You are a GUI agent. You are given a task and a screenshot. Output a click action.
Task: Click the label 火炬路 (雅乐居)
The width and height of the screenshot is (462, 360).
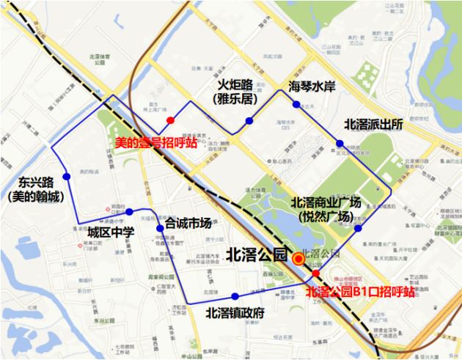tap(235, 90)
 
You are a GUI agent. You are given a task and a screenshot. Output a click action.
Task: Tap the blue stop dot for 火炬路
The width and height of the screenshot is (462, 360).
tap(249, 120)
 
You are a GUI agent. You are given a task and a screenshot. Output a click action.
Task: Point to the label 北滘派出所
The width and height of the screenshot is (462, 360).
tap(373, 124)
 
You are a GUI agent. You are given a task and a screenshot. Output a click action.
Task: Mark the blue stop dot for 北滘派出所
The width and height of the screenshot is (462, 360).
tap(340, 143)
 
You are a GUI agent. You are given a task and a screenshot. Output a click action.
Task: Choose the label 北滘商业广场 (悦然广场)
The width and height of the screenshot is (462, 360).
tap(326, 210)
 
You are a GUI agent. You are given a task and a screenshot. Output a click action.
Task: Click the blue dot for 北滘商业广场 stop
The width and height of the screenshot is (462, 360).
tap(358, 228)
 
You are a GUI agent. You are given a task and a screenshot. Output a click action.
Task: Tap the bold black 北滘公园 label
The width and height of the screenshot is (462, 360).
tap(256, 255)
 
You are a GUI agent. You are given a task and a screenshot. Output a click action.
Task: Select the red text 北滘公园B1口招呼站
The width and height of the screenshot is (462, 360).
tap(359, 292)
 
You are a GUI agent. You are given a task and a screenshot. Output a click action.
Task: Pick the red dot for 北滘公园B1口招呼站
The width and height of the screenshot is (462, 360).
tap(315, 273)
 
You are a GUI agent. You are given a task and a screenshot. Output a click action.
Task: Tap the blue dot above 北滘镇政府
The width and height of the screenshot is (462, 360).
tap(235, 296)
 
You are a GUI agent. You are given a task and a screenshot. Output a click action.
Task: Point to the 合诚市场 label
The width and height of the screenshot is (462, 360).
tap(188, 223)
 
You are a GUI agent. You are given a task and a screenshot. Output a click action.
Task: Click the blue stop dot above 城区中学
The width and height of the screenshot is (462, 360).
tap(129, 213)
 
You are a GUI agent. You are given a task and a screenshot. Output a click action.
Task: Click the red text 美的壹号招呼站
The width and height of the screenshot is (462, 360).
tap(156, 142)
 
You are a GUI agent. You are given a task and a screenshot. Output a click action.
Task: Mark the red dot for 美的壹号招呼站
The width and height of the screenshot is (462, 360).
tap(170, 120)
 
